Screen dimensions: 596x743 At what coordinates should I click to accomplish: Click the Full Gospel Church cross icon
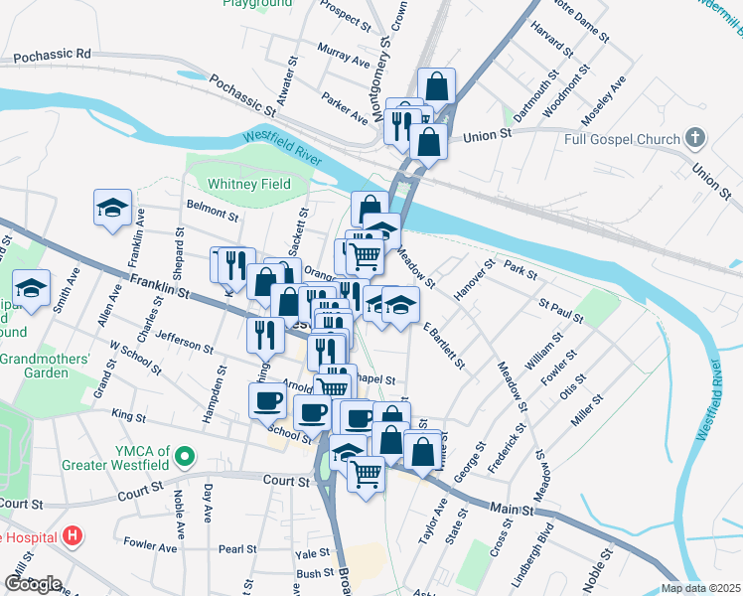pyautogui.click(x=696, y=137)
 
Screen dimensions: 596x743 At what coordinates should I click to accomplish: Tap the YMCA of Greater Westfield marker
pyautogui.click(x=183, y=457)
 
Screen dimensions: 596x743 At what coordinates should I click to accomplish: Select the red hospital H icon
pyautogui.click(x=72, y=537)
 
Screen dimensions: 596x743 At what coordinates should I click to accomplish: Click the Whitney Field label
pyautogui.click(x=248, y=184)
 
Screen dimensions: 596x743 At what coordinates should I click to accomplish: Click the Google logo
pyautogui.click(x=32, y=583)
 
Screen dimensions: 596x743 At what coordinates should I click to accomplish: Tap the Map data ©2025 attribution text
pyautogui.click(x=700, y=588)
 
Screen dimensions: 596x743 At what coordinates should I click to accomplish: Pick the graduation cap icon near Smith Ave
pyautogui.click(x=32, y=288)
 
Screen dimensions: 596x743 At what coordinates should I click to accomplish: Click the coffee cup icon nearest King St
pyautogui.click(x=266, y=401)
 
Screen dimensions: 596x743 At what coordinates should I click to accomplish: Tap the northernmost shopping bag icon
pyautogui.click(x=436, y=86)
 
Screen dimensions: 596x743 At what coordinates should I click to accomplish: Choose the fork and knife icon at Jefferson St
pyautogui.click(x=264, y=335)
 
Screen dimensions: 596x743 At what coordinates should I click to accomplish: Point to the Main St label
pyautogui.click(x=512, y=509)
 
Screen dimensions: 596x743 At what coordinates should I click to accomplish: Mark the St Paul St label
pyautogui.click(x=560, y=309)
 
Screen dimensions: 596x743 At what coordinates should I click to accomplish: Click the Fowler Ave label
pyautogui.click(x=149, y=543)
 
